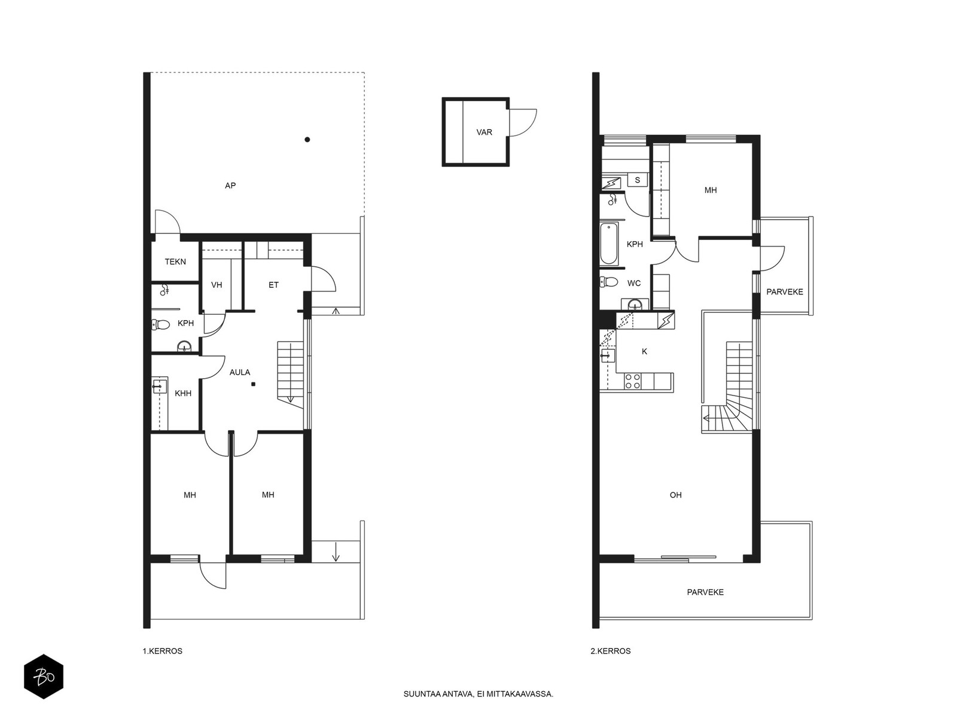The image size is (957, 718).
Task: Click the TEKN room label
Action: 175,261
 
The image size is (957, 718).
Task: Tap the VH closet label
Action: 217,285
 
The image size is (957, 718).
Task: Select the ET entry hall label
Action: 273,285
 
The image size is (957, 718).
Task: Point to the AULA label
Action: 240,372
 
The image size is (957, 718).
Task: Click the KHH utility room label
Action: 183,393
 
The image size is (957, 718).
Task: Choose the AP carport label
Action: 230,185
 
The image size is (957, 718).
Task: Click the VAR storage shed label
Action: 484,132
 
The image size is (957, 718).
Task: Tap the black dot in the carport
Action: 307,139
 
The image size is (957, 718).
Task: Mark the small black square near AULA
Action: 253,384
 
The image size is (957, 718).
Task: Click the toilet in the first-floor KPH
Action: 160,324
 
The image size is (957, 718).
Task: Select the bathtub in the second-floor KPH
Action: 608,244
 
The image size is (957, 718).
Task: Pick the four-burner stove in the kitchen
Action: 633,381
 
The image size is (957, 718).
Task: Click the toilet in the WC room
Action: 609,282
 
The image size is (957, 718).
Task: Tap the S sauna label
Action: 638,180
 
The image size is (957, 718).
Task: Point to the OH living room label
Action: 676,495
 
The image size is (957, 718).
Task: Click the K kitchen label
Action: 645,351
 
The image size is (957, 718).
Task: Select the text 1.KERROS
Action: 163,652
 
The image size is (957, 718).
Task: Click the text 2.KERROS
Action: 611,652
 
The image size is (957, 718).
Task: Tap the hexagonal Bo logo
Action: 44,677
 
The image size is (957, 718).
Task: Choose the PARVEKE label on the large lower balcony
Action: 705,592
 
